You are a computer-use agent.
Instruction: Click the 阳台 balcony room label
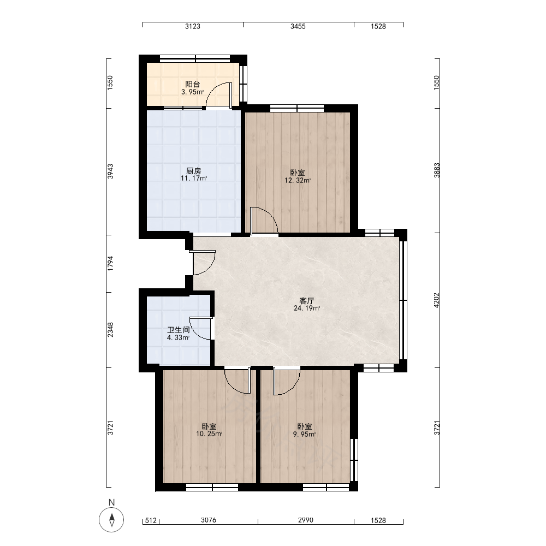pos(193,84)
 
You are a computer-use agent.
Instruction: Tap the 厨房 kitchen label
pos(194,171)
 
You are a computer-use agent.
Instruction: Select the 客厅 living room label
pos(307,301)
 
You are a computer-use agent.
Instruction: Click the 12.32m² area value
pos(298,180)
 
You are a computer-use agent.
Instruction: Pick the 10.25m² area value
pos(209,434)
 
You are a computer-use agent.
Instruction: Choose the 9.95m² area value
pos(305,434)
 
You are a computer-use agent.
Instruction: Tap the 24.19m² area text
pos(307,308)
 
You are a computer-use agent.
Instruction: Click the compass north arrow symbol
pos(111,520)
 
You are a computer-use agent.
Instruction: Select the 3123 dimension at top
pos(193,26)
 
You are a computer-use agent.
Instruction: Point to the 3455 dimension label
pos(298,26)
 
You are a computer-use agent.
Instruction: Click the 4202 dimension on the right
pos(437,300)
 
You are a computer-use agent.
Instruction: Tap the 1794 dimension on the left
pos(110,264)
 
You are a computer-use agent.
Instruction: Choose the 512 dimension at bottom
pos(151,520)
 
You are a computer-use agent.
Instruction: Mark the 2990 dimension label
pos(305,520)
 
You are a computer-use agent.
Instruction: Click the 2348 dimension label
pos(110,330)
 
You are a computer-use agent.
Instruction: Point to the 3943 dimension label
pos(110,171)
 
